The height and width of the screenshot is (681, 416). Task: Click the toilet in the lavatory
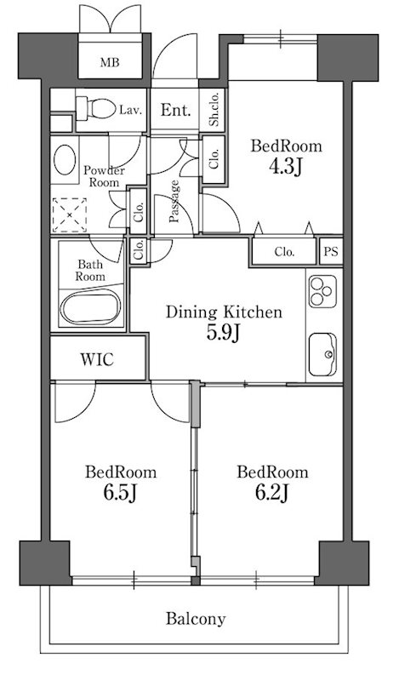click(95, 109)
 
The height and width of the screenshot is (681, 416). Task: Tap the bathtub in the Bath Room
click(90, 306)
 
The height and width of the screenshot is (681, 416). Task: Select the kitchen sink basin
click(322, 354)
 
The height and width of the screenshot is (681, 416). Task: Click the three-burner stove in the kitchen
click(322, 291)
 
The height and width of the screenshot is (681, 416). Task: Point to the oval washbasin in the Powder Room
click(65, 160)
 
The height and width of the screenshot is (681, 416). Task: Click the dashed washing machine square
click(70, 215)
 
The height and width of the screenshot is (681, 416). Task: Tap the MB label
click(110, 62)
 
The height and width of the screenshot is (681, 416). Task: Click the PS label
click(331, 251)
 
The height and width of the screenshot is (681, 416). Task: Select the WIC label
click(97, 359)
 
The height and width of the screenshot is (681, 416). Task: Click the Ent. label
click(175, 110)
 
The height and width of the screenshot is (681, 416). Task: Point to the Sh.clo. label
click(214, 110)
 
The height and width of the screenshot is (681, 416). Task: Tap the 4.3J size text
click(285, 166)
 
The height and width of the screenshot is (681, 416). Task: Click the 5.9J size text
click(223, 332)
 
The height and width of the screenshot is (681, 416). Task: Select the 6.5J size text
click(120, 492)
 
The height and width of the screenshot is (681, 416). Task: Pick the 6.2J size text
click(272, 492)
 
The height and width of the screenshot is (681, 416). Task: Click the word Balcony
click(196, 619)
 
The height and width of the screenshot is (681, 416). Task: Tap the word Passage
click(174, 202)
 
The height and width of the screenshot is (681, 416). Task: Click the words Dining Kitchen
click(224, 312)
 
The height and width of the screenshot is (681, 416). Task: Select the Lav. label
click(131, 110)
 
